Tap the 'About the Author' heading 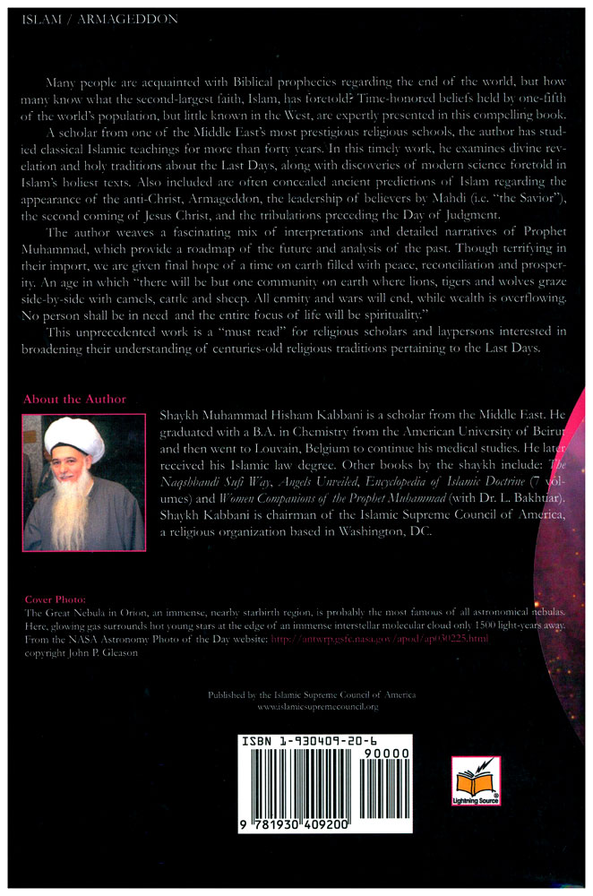(74, 399)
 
